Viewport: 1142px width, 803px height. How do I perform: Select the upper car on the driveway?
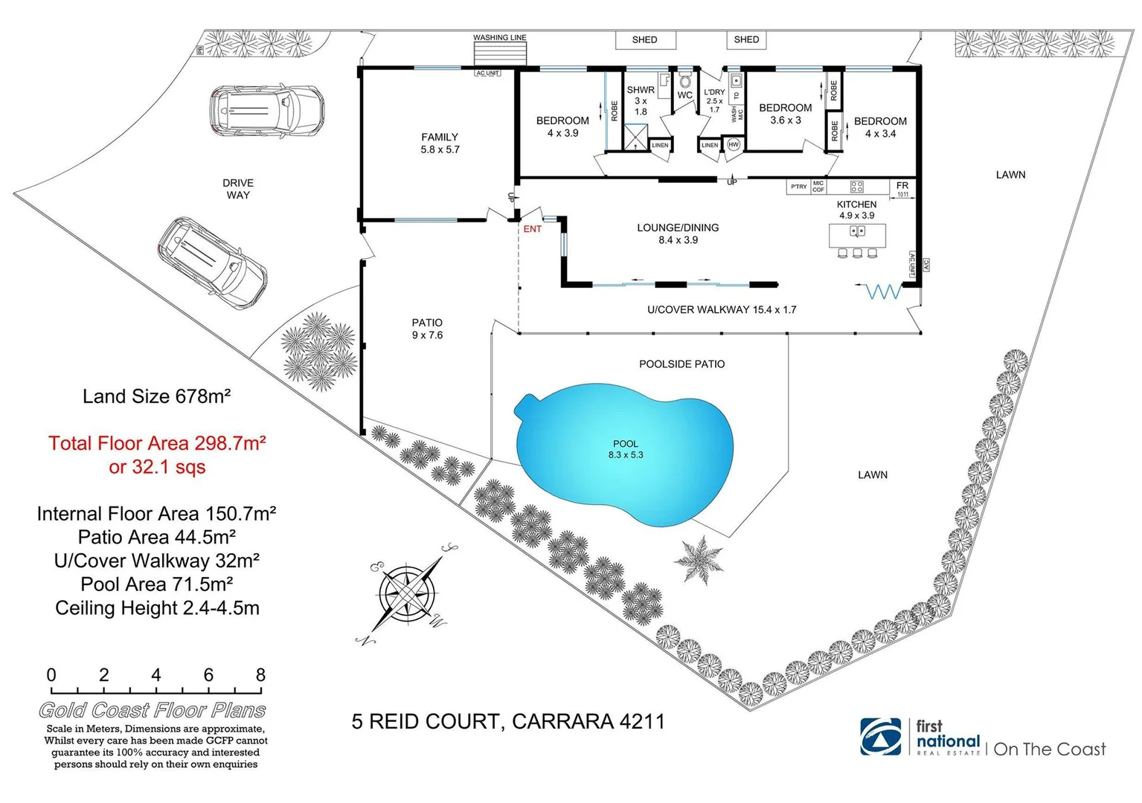[266, 111]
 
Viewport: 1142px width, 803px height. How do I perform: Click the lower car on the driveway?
[213, 262]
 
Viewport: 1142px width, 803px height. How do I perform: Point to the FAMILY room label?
[440, 143]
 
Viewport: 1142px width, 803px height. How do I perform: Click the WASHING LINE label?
[500, 37]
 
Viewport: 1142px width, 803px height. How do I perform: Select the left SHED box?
[644, 40]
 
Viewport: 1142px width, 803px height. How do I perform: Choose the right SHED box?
[746, 40]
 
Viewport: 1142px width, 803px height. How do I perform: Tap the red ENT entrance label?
[532, 229]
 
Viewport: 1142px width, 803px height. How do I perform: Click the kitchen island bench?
[857, 236]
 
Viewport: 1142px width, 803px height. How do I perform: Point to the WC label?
[684, 95]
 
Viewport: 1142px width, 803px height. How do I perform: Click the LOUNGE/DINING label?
[678, 233]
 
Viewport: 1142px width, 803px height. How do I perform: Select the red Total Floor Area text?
[157, 454]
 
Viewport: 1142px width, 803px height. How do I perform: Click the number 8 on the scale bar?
[260, 675]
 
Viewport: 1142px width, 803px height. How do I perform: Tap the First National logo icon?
[881, 736]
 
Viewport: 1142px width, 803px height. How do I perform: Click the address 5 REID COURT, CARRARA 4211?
[508, 721]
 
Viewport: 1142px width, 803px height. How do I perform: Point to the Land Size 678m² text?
[156, 396]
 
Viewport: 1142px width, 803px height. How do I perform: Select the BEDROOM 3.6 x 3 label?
[785, 114]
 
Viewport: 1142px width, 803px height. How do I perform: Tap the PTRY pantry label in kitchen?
[798, 187]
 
